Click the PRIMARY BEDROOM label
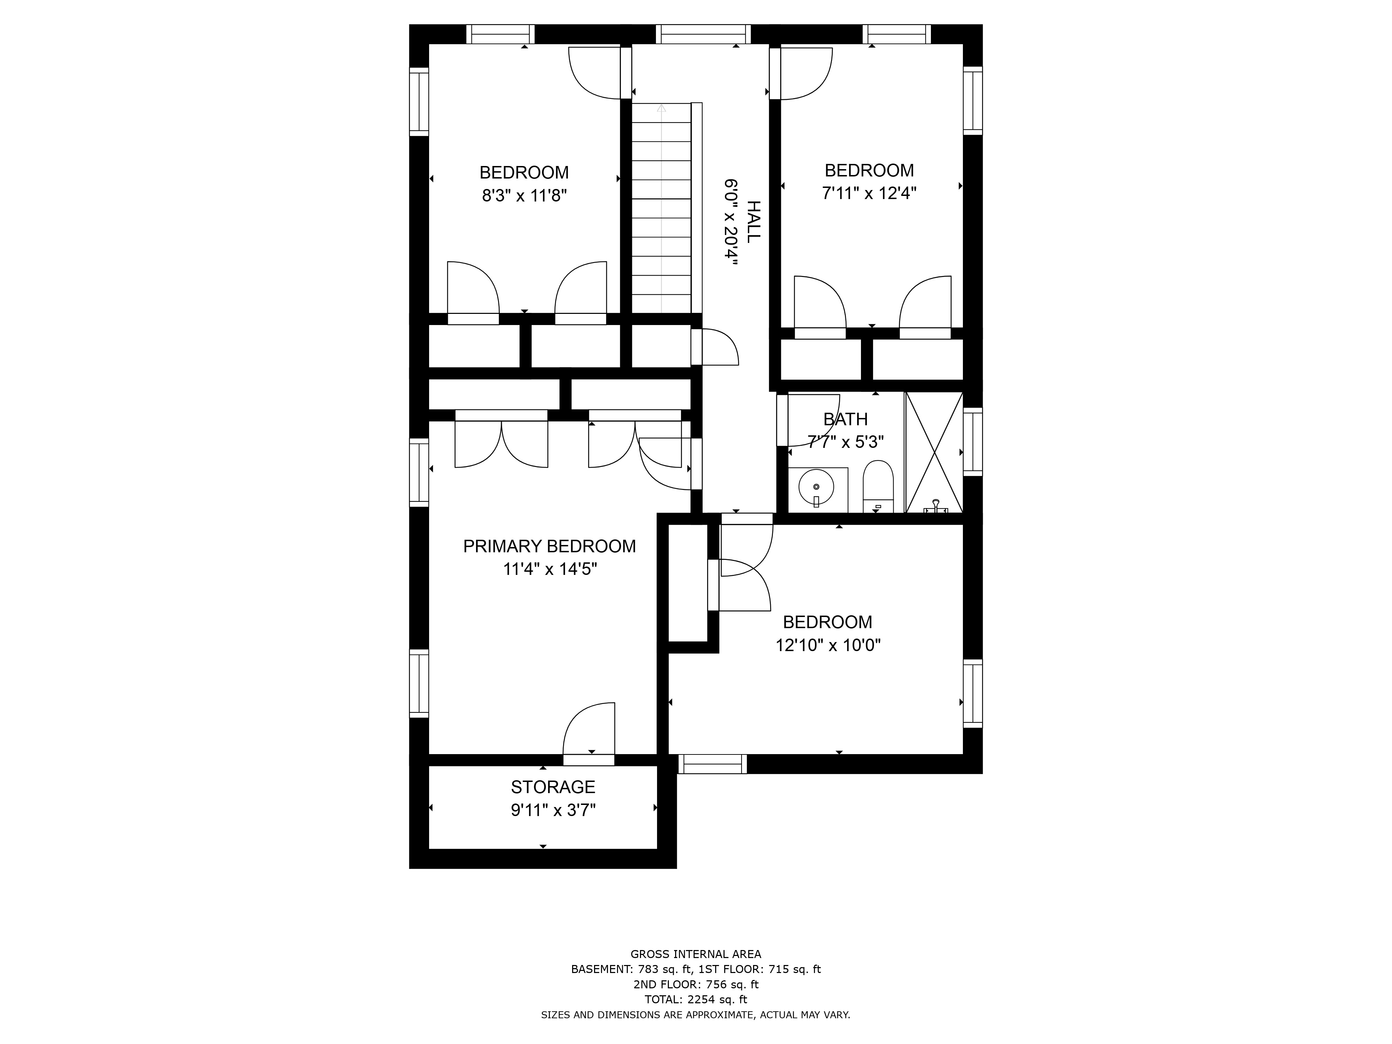point(549,546)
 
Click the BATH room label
point(846,419)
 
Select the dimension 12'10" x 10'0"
point(828,645)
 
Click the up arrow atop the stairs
point(662,108)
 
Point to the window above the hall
point(704,34)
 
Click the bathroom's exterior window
point(973,442)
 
